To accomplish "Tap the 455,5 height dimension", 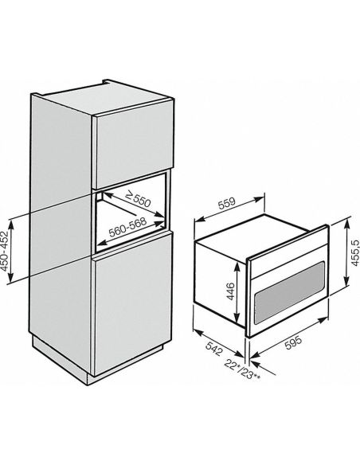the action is pos(355,252).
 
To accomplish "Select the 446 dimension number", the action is pos(231,291).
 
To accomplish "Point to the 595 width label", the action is pos(293,342).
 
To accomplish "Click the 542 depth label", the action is pos(213,349).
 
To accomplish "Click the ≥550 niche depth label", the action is pos(139,200).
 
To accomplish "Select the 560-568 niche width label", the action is pos(127,227).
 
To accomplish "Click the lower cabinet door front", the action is pos(132,303).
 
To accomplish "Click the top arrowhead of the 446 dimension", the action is pos(237,266).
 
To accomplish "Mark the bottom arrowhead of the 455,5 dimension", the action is pos(346,282).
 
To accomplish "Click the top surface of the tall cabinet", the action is pos(105,98).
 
